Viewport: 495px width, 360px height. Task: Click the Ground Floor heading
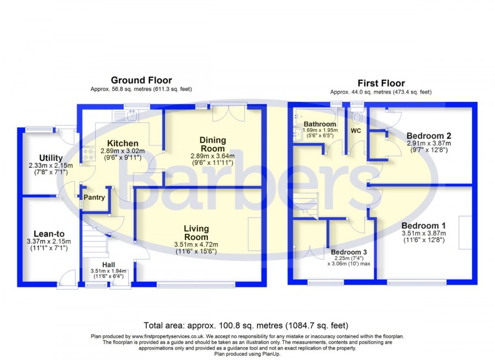pyautogui.click(x=141, y=80)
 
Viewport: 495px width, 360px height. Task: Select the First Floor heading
pyautogui.click(x=381, y=83)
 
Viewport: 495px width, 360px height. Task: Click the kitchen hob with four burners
pyautogui.click(x=89, y=154)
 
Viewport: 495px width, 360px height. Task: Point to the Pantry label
pyautogui.click(x=94, y=197)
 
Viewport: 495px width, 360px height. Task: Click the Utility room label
pyautogui.click(x=51, y=158)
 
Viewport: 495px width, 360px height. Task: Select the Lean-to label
pyautogui.click(x=49, y=234)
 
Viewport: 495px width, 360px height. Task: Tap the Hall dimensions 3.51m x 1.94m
pyautogui.click(x=108, y=271)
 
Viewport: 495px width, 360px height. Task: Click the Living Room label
pyautogui.click(x=196, y=233)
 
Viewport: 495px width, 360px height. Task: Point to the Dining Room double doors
pyautogui.click(x=229, y=114)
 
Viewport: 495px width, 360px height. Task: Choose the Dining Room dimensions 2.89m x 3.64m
pyautogui.click(x=212, y=156)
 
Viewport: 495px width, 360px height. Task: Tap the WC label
pyautogui.click(x=356, y=130)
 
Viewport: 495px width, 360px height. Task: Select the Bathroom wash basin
pyautogui.click(x=298, y=134)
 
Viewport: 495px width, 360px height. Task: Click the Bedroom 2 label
pyautogui.click(x=428, y=136)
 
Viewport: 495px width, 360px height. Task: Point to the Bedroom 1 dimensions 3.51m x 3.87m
pyautogui.click(x=424, y=233)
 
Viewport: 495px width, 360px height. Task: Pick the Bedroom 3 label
pyautogui.click(x=349, y=252)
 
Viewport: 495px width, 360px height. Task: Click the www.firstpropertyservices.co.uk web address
pyautogui.click(x=168, y=337)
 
